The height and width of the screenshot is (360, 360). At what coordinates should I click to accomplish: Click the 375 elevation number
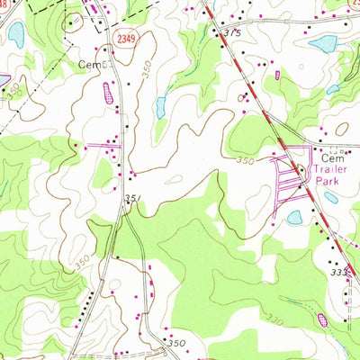(x=233, y=32)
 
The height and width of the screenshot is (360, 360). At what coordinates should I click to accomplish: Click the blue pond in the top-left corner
(x=15, y=34)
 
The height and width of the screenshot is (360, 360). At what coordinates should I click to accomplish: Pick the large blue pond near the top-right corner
(x=322, y=43)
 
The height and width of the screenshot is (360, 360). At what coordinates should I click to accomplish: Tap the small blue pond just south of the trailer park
(x=294, y=217)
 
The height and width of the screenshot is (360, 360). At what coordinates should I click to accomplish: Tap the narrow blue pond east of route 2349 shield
(x=160, y=106)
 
